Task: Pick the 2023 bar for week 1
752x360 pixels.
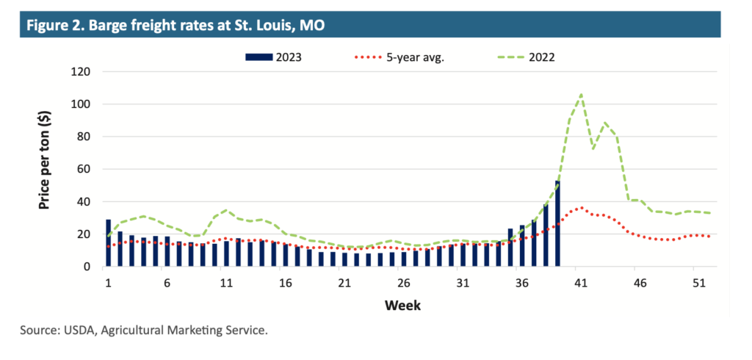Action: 109,243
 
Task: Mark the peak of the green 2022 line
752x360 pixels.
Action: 581,94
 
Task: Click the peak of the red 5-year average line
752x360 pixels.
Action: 581,208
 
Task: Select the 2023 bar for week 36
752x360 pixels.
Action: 522,246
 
